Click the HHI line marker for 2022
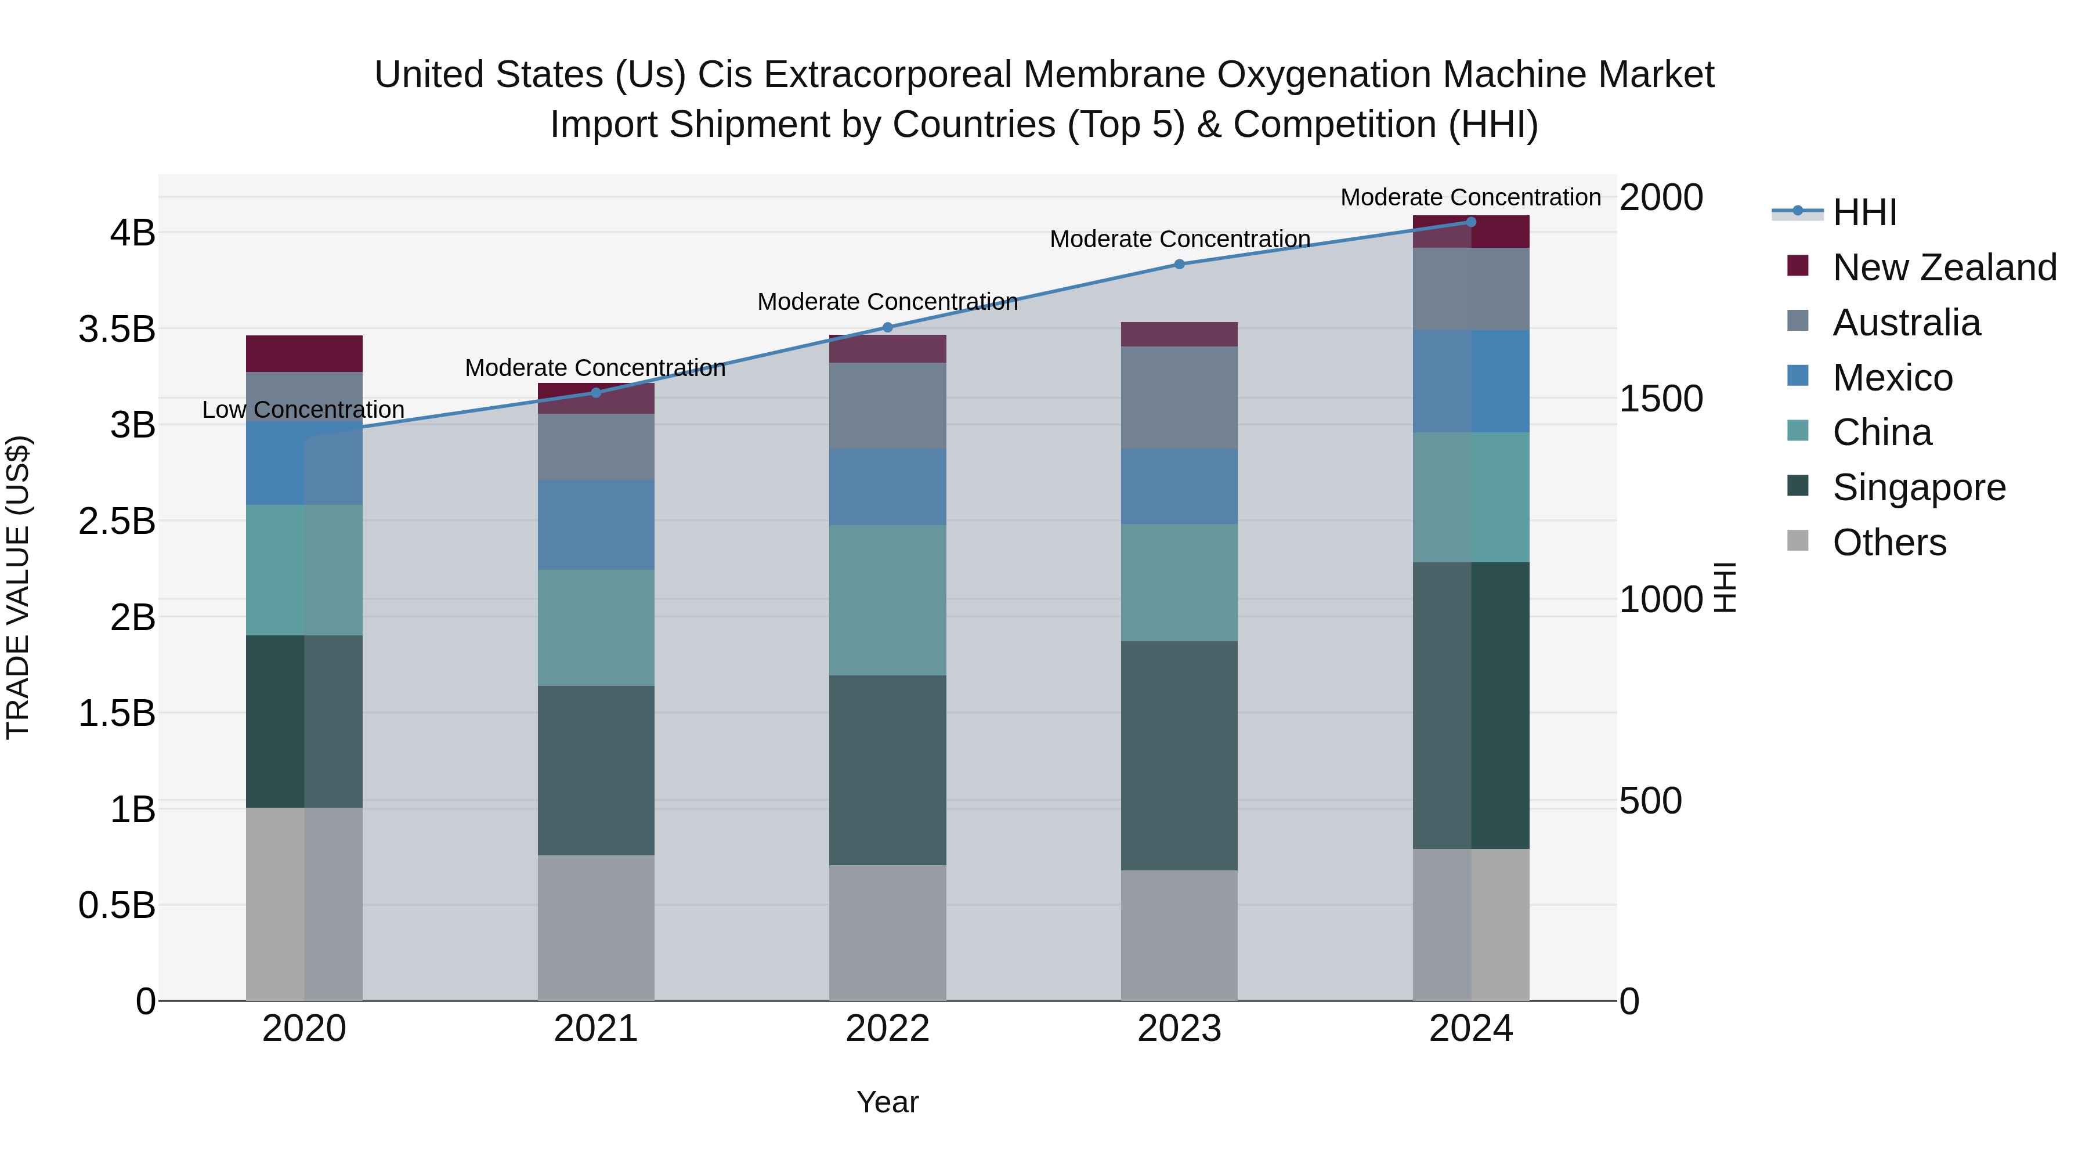887,328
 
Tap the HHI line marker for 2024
1471,222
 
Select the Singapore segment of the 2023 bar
1179,755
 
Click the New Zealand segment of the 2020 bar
304,353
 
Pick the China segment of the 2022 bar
887,600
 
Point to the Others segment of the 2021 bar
596,928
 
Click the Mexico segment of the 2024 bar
1471,381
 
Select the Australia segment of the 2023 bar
1179,397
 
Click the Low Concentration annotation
303,410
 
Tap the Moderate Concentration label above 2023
1180,239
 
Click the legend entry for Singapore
1919,487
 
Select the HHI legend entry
1863,212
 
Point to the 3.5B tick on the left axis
117,329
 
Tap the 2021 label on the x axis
596,1029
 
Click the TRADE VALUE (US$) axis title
18,587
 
